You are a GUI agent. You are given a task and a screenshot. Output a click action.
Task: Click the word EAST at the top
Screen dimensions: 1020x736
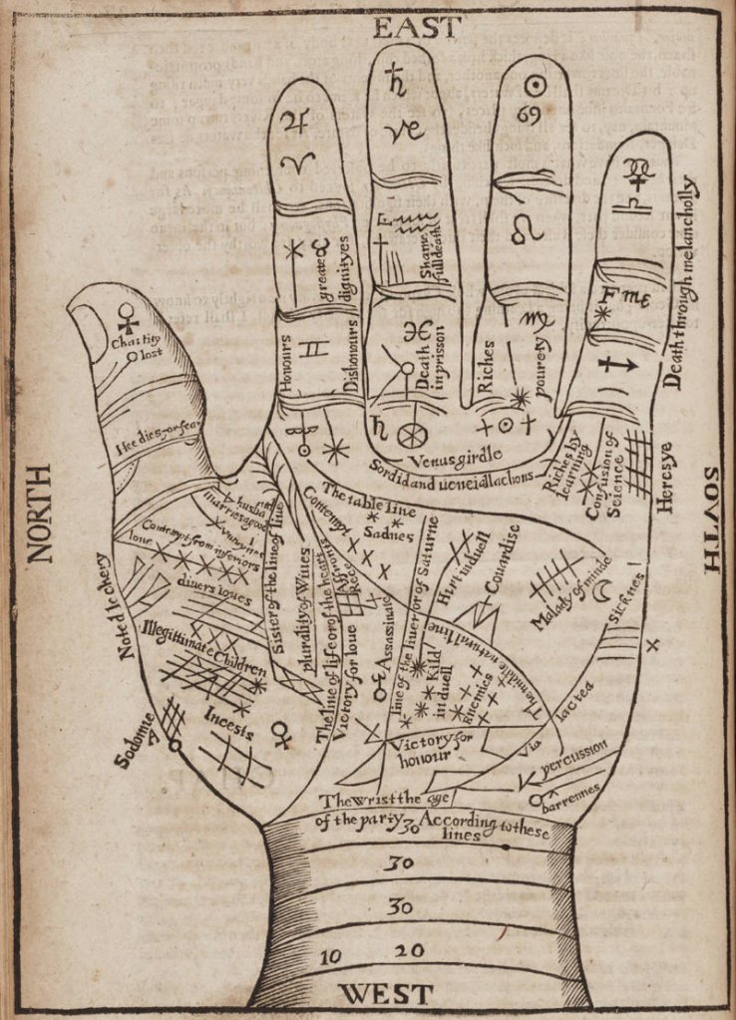(418, 27)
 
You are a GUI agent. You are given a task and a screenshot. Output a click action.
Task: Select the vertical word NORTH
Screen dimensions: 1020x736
(39, 513)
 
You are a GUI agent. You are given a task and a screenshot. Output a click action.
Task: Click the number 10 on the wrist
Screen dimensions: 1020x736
(331, 956)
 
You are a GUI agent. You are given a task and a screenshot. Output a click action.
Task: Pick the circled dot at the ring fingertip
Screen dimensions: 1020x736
(536, 84)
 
